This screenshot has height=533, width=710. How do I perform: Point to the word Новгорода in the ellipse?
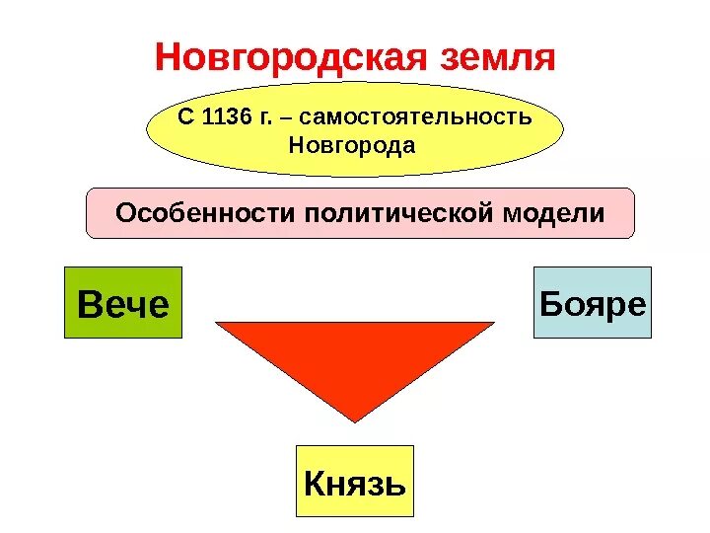pyautogui.click(x=353, y=146)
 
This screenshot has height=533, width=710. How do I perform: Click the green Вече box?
pyautogui.click(x=123, y=302)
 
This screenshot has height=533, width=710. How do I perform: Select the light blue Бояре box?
pyautogui.click(x=593, y=302)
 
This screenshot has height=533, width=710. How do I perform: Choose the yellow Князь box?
pyautogui.click(x=355, y=482)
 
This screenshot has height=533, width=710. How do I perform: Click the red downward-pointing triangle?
pyautogui.click(x=354, y=355)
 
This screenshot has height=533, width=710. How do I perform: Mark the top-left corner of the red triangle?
pyautogui.click(x=216, y=323)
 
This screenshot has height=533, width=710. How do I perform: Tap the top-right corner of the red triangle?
pyautogui.click(x=494, y=323)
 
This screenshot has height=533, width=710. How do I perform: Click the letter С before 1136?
pyautogui.click(x=184, y=117)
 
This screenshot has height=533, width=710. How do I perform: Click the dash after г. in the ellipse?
pyautogui.click(x=286, y=118)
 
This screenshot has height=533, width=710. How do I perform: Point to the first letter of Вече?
pyautogui.click(x=88, y=303)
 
